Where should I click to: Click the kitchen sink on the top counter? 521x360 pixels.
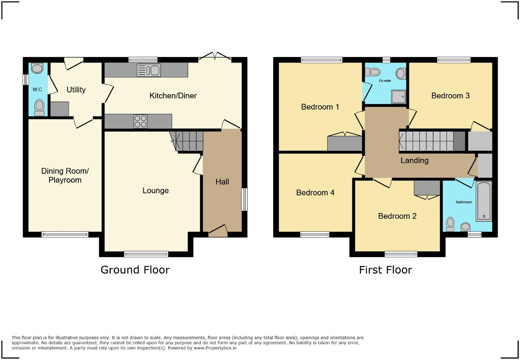[x=148, y=70]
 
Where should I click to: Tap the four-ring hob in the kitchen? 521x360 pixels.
[x=140, y=121]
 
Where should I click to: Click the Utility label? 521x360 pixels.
[x=76, y=90]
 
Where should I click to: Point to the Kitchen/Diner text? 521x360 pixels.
[x=173, y=96]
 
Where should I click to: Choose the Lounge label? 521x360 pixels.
[x=155, y=190]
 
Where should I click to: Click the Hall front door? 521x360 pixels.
[x=218, y=231]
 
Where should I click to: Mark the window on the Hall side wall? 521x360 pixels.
[x=244, y=200]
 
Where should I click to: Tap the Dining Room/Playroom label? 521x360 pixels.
[x=65, y=175]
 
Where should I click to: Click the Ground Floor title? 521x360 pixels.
[x=135, y=270]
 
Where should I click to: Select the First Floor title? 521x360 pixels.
[x=385, y=270]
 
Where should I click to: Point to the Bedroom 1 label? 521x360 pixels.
[x=320, y=107]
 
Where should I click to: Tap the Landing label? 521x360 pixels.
[x=414, y=160]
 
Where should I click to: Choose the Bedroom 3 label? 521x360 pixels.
[x=450, y=95]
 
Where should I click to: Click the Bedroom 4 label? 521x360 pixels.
[x=315, y=192]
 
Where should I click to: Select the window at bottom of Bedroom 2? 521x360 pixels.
[x=401, y=254]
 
